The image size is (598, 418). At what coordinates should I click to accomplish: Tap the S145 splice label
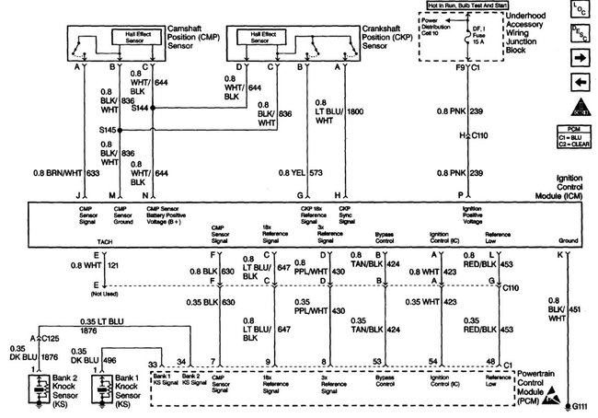tap(108, 130)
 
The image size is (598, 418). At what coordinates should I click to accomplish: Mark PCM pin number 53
tap(378, 363)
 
